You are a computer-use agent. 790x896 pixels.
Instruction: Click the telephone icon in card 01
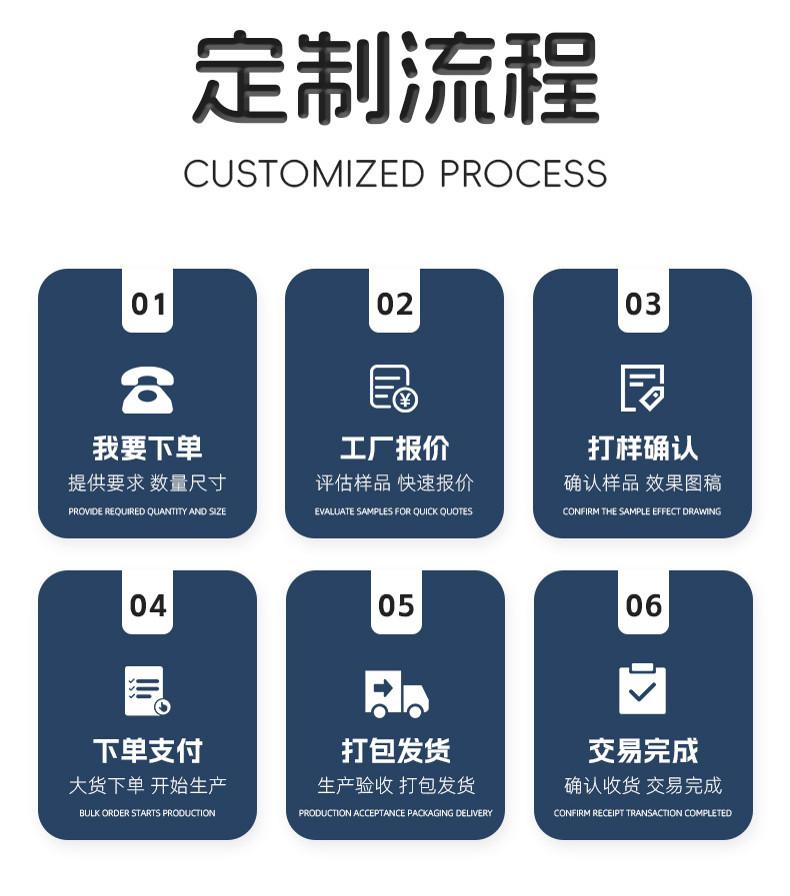[147, 390]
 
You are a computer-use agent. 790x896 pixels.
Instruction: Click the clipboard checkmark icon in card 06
[642, 689]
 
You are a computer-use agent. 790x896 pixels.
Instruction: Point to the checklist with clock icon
[147, 690]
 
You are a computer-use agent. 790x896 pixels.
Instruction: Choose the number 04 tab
[148, 605]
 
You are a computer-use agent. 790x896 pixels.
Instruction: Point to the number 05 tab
[396, 605]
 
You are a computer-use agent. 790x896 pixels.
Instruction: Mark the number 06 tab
[643, 605]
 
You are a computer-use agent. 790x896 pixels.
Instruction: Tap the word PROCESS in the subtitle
[523, 174]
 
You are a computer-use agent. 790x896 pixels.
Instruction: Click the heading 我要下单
[147, 448]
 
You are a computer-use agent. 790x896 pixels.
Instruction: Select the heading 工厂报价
[395, 448]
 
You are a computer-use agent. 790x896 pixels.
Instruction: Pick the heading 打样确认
[642, 448]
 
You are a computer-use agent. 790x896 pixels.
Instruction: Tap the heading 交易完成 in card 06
[643, 750]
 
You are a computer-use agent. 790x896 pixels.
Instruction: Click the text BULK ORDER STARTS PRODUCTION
[147, 813]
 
